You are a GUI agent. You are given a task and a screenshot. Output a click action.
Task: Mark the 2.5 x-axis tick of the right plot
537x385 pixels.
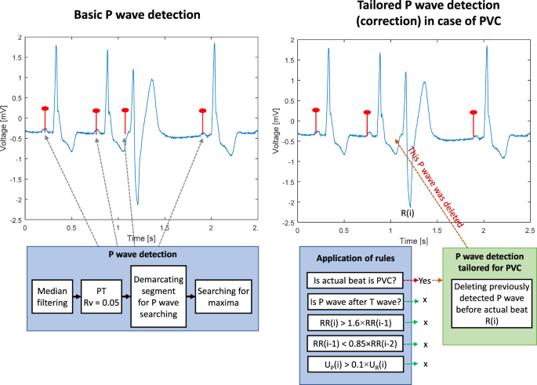(528, 228)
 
